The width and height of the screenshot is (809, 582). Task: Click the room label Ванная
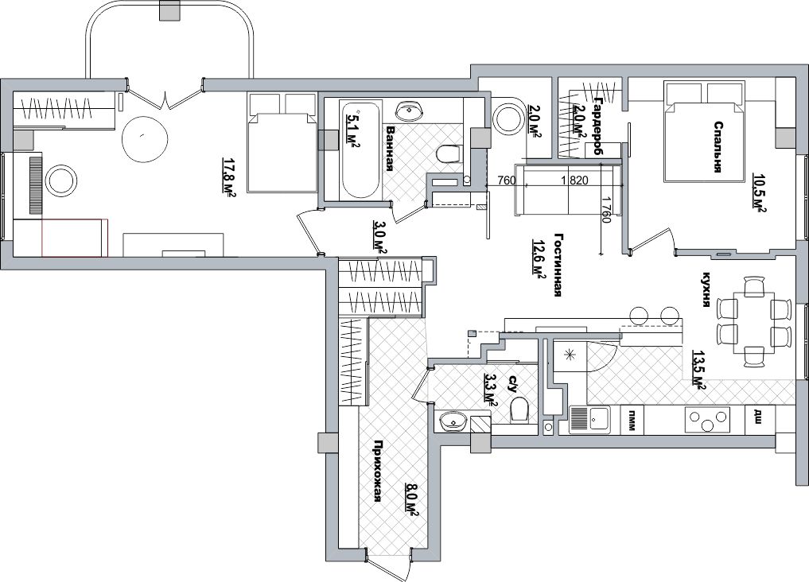pyautogui.click(x=391, y=149)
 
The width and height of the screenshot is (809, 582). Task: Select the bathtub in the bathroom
pyautogui.click(x=360, y=149)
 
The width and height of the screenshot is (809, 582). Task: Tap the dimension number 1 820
pyautogui.click(x=574, y=180)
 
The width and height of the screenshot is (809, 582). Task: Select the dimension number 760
pyautogui.click(x=507, y=180)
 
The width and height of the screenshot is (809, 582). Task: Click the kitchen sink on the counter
pyautogui.click(x=589, y=420)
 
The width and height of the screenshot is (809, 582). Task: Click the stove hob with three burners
pyautogui.click(x=707, y=420)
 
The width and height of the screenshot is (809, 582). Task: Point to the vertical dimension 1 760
pyautogui.click(x=606, y=210)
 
